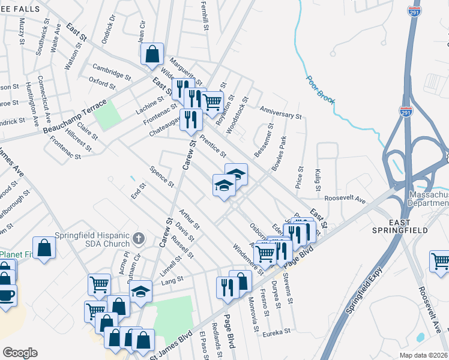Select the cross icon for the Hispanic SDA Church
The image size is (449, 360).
coord(138,238)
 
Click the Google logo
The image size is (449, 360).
coord(20,353)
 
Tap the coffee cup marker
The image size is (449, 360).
coord(7,296)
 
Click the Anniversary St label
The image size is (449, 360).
coord(280,112)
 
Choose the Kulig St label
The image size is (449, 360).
coord(318,179)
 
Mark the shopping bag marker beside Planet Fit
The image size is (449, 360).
coord(45,247)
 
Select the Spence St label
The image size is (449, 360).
coord(162,176)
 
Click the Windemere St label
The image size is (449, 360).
coord(248,256)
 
